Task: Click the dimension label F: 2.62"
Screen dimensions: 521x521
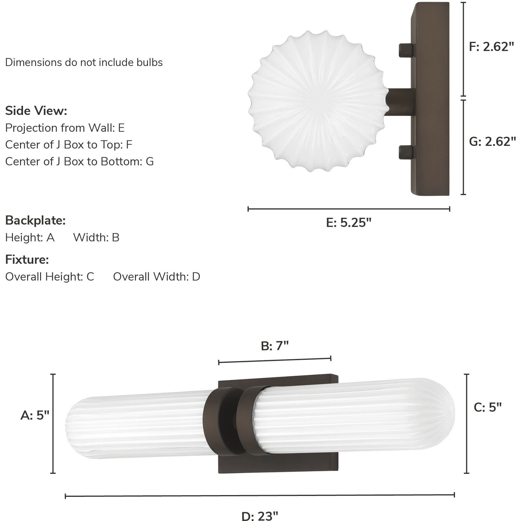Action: click(x=492, y=47)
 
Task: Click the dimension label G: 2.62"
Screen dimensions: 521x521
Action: click(x=492, y=142)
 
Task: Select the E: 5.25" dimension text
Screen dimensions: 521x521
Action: click(x=349, y=222)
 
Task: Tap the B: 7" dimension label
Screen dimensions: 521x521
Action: click(x=275, y=346)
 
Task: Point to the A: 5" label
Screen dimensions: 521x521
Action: click(x=35, y=416)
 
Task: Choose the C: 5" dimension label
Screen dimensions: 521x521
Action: click(x=487, y=407)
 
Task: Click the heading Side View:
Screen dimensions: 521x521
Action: click(x=36, y=111)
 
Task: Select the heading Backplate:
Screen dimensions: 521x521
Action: click(x=35, y=220)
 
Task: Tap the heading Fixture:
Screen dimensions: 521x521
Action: click(x=27, y=260)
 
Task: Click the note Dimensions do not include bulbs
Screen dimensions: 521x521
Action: click(x=84, y=62)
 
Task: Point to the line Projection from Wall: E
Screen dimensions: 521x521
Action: click(x=65, y=128)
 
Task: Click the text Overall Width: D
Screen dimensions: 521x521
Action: click(x=156, y=277)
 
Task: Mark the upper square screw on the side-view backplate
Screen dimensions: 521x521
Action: click(x=406, y=50)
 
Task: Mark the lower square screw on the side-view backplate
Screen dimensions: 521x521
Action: click(x=406, y=152)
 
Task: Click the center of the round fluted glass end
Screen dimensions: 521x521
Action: click(x=319, y=100)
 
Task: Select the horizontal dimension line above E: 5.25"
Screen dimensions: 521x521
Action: click(x=349, y=209)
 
